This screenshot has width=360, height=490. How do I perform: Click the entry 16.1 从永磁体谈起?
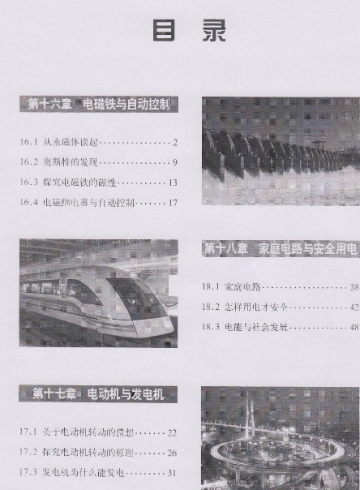(70, 143)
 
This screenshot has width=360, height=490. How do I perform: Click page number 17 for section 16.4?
(172, 202)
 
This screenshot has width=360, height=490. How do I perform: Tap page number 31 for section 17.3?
(171, 472)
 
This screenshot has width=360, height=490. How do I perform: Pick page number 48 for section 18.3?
(354, 328)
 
